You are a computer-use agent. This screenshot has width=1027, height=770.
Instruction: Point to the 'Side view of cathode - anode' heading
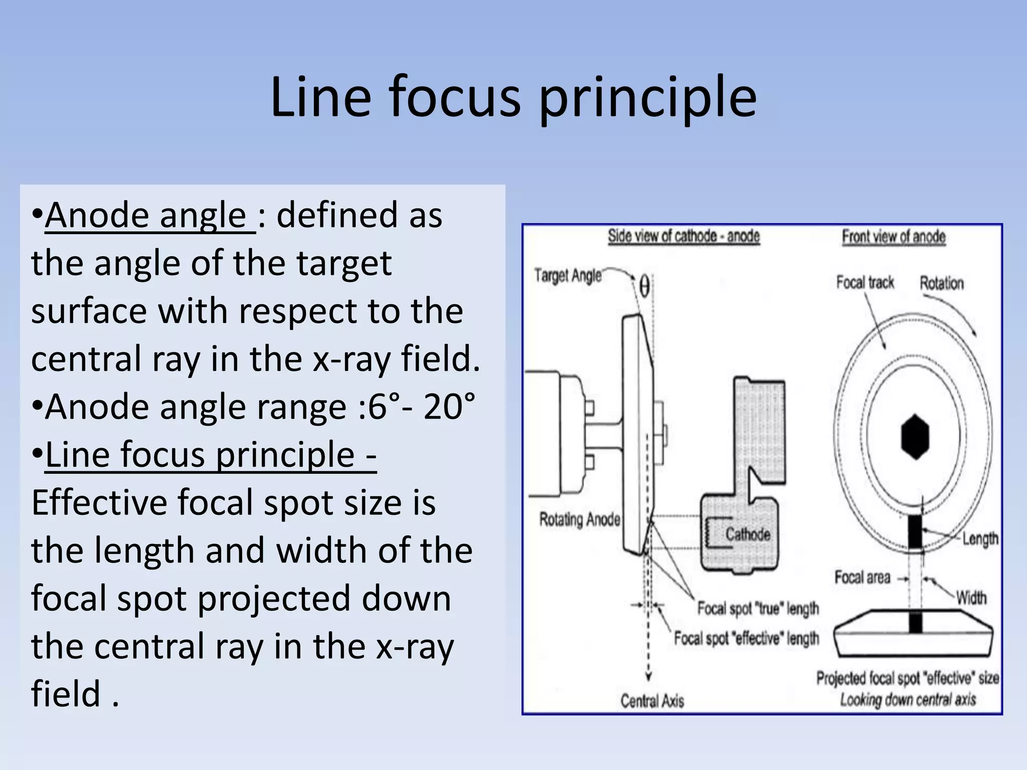pyautogui.click(x=683, y=236)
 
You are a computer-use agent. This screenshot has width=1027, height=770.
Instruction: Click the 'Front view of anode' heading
pyautogui.click(x=894, y=237)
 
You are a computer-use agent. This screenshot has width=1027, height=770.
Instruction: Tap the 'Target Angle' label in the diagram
pyautogui.click(x=568, y=275)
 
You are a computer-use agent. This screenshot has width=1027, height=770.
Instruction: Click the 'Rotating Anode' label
pyautogui.click(x=580, y=519)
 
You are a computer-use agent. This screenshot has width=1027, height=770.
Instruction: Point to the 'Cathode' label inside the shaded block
pyautogui.click(x=747, y=534)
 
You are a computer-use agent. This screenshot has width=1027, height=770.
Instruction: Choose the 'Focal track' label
pyautogui.click(x=865, y=283)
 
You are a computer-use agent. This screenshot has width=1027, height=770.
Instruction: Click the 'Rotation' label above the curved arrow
pyautogui.click(x=942, y=283)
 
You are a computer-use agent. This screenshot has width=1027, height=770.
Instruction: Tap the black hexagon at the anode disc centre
pyautogui.click(x=915, y=436)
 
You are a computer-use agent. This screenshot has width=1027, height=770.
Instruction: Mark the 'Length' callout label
pyautogui.click(x=980, y=539)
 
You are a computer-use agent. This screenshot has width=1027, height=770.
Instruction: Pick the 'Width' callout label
pyautogui.click(x=971, y=598)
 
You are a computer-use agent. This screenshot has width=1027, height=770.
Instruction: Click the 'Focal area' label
pyautogui.click(x=862, y=577)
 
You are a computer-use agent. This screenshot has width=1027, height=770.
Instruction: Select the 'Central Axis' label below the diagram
pyautogui.click(x=652, y=700)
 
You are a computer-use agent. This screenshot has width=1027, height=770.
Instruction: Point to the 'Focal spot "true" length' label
pyautogui.click(x=758, y=609)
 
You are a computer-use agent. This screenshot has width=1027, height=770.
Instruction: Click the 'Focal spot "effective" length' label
pyautogui.click(x=746, y=638)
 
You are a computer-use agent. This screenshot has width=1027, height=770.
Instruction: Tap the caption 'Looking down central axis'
pyautogui.click(x=908, y=699)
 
